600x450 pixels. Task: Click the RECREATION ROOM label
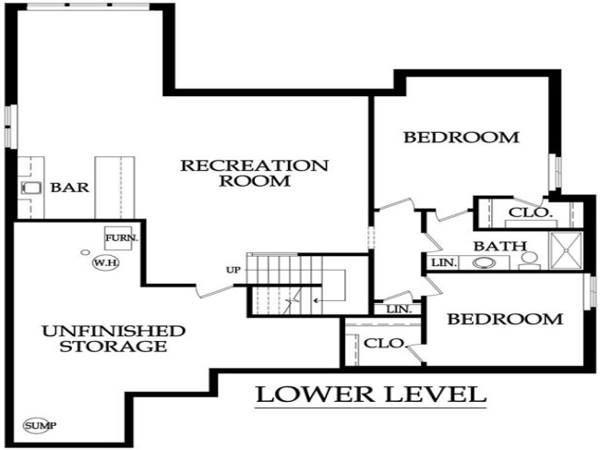click(x=254, y=173)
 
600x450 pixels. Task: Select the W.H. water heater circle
click(x=102, y=262)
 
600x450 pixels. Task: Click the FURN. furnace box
click(x=121, y=237)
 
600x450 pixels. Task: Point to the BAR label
click(x=69, y=188)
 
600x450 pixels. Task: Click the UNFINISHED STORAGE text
click(x=113, y=338)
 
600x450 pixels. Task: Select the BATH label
click(x=500, y=247)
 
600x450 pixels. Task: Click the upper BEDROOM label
click(x=462, y=138)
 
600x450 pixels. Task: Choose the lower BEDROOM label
click(x=504, y=319)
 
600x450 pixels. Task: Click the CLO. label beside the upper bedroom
click(x=531, y=213)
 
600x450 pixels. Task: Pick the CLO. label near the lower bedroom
click(x=385, y=343)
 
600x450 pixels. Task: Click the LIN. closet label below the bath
click(x=399, y=309)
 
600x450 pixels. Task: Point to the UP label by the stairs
click(x=233, y=270)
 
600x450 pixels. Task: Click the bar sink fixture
click(x=30, y=188)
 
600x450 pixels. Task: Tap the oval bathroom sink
click(x=485, y=262)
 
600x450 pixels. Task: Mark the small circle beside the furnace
click(x=85, y=250)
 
